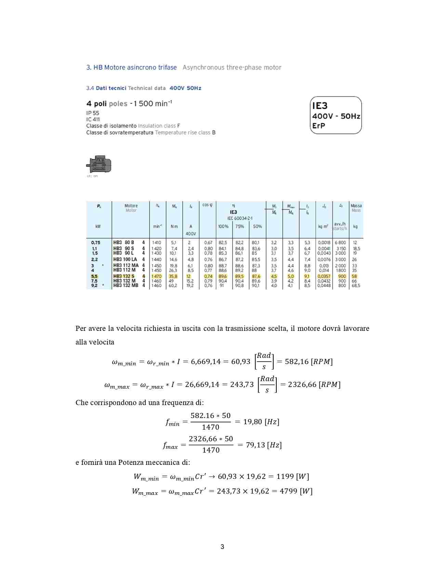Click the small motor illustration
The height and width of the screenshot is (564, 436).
pos(99,165)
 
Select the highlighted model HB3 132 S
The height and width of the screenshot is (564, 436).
pos(124,276)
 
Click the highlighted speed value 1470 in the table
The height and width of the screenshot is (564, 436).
pos(157,276)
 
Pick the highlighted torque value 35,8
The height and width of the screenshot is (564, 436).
pos(173,276)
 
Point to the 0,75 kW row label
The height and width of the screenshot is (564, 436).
pos(96,243)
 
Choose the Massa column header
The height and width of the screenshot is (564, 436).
pos(356,206)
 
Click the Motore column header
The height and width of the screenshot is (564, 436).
pos(131,206)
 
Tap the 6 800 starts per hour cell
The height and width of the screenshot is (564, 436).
pos(340,243)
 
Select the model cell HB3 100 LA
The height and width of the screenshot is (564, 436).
pos(125,259)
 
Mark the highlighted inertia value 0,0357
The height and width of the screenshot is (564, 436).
pos(324,276)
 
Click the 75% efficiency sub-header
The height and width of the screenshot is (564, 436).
pos(240,226)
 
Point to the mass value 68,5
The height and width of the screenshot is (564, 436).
pos(356,285)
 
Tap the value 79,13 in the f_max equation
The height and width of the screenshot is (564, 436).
pos(255,445)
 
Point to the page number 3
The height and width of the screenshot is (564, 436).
pos(222,547)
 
